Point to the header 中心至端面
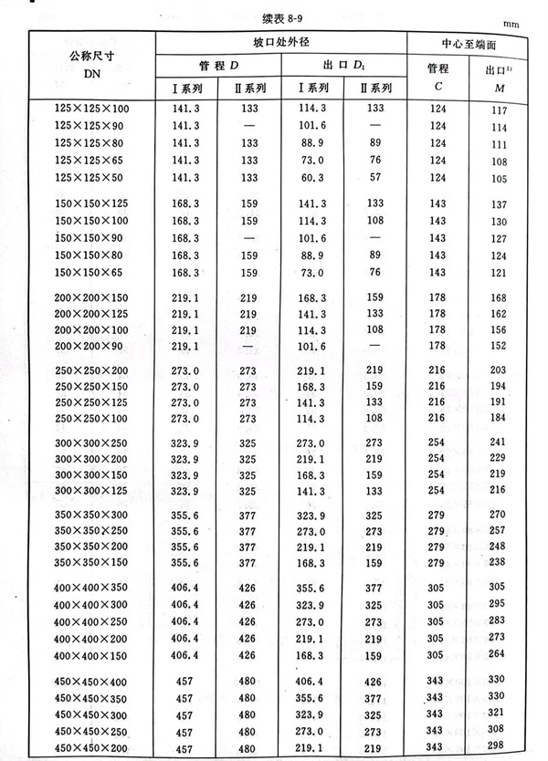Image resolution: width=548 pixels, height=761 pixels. pos(469,43)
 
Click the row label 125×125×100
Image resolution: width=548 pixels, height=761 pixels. pos(91,109)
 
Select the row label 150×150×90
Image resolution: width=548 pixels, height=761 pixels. pos(91,239)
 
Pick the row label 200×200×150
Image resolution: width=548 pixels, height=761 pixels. pos(91,298)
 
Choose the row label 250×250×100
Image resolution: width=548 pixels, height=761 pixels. pos(91,418)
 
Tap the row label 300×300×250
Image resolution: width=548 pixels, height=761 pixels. pos(91,442)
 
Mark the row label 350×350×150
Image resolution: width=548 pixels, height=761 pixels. pos(91,563)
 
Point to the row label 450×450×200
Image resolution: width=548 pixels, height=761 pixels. pos(91,748)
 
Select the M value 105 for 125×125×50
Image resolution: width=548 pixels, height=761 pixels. pos(498,178)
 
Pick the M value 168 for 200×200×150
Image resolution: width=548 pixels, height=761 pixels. pos(498,298)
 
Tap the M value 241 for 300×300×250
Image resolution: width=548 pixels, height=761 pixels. pos(498,442)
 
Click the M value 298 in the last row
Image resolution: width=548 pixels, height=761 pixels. pos(498,748)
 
